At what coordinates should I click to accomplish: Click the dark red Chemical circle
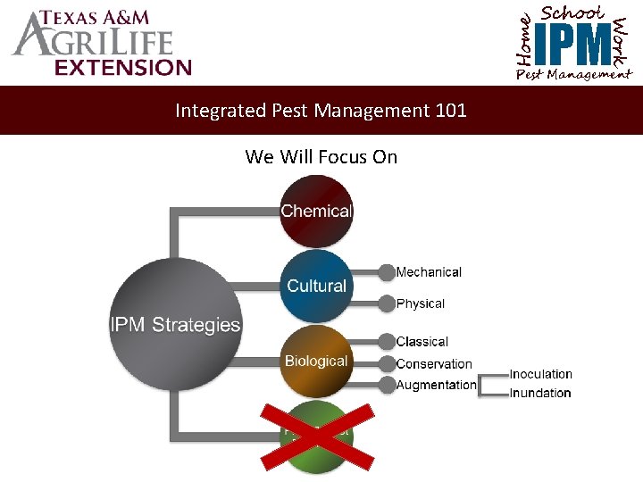click(x=316, y=212)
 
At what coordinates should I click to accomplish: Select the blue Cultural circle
click(x=316, y=286)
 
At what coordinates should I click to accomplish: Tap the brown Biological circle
click(x=316, y=361)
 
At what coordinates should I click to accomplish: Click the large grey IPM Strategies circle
click(x=175, y=324)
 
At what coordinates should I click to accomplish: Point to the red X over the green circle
click(x=317, y=435)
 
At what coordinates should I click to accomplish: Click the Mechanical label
click(x=429, y=272)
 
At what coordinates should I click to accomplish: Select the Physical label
click(x=420, y=303)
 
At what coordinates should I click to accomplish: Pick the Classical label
click(x=422, y=342)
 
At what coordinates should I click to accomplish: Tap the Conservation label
click(x=434, y=363)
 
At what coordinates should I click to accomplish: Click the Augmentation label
click(x=436, y=385)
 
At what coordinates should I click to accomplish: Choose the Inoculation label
click(x=541, y=374)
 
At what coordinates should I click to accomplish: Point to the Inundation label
click(x=540, y=393)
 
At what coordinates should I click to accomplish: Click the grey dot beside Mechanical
click(x=386, y=272)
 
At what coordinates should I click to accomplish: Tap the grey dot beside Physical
click(x=386, y=303)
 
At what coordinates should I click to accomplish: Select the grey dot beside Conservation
click(x=386, y=363)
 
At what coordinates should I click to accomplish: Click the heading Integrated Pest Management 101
click(x=321, y=111)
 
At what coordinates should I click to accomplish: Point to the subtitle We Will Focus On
click(x=321, y=157)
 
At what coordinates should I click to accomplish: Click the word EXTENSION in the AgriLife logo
click(x=121, y=67)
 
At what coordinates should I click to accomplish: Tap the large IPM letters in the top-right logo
click(x=575, y=44)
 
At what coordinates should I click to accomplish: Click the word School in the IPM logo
click(x=572, y=13)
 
